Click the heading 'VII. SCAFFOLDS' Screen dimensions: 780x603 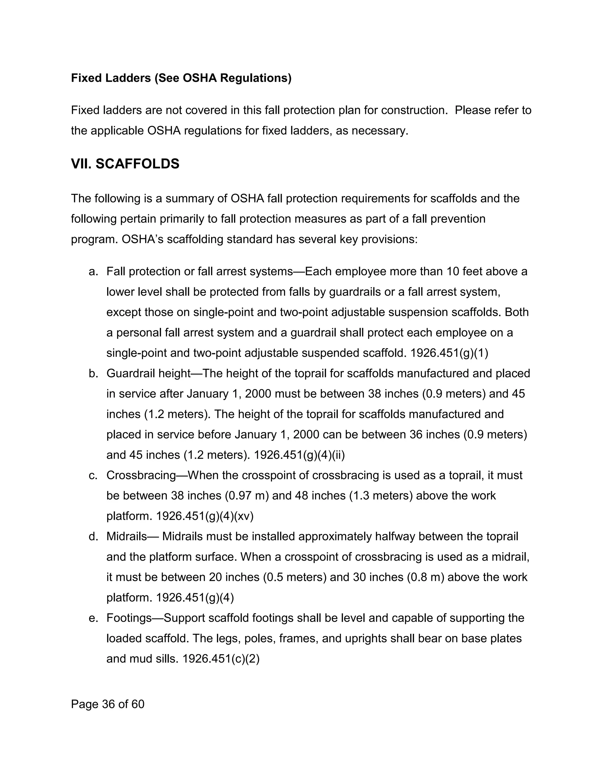tap(125, 164)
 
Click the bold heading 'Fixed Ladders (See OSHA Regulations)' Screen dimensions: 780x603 tap(181, 78)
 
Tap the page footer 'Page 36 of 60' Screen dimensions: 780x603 tap(107, 704)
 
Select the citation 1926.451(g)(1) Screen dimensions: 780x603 tap(449, 353)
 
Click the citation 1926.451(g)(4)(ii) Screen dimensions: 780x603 tap(299, 455)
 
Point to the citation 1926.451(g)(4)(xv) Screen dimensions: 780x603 tap(205, 516)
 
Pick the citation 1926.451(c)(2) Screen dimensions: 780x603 tap(221, 658)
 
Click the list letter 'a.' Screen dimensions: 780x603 tap(93, 272)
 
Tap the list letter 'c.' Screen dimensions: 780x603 tap(93, 475)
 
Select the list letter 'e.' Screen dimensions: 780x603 tap(93, 618)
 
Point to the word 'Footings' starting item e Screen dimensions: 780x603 tap(129, 618)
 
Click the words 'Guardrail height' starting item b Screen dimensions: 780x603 tap(148, 374)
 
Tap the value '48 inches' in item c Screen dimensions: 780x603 tap(322, 496)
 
